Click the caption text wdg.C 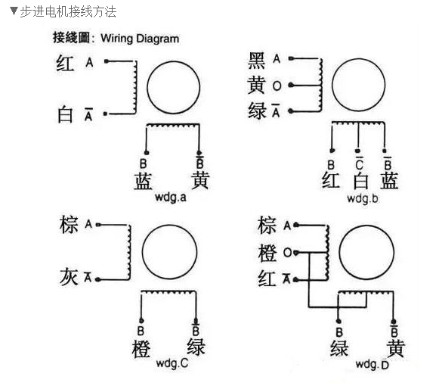172,363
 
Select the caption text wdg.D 373,365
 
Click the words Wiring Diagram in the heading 140,38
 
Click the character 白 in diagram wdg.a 66,115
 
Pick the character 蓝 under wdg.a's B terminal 144,181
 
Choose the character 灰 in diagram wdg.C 68,277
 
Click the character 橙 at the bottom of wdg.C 141,349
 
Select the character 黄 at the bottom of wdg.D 394,348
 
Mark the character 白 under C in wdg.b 360,181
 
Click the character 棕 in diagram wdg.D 267,225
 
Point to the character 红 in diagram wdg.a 66,64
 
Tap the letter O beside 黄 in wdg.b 277,86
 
